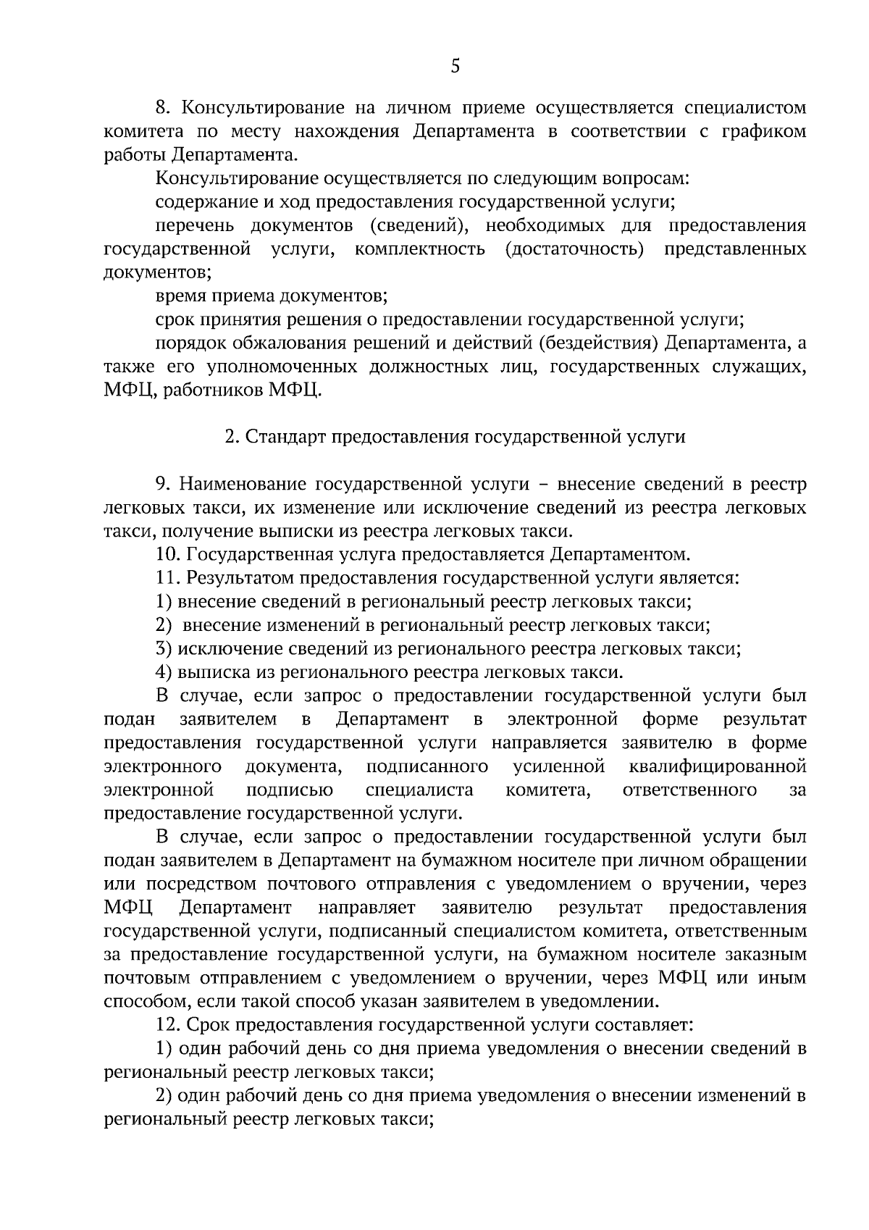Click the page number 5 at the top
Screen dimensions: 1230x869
pos(455,67)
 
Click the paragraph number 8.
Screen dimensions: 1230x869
pos(162,109)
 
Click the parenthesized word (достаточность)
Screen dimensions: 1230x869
pos(574,249)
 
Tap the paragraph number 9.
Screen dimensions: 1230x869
pos(162,484)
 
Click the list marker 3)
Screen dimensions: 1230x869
pos(164,649)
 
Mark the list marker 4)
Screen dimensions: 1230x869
pos(164,672)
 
